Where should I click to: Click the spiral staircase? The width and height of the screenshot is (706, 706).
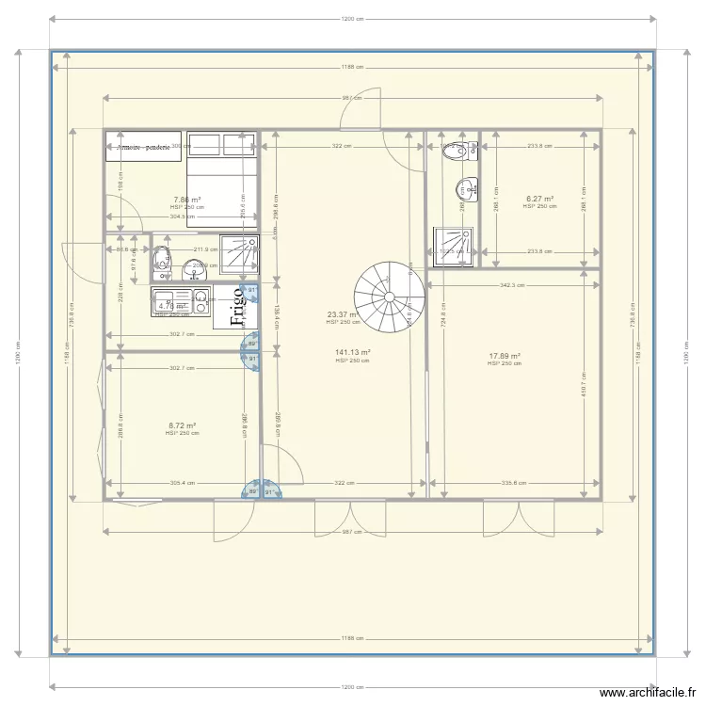(x=388, y=293)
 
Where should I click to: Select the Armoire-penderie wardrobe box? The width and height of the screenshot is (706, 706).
(x=143, y=147)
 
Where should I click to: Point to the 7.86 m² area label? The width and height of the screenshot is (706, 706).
(x=187, y=200)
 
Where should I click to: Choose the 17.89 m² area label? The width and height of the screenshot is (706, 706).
(x=505, y=356)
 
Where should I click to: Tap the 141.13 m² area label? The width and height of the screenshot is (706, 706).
(x=352, y=353)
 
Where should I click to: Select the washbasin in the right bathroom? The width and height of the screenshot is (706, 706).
(x=466, y=189)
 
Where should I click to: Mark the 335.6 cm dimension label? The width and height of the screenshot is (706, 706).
(x=513, y=484)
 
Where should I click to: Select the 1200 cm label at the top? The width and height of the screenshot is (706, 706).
(x=352, y=19)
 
